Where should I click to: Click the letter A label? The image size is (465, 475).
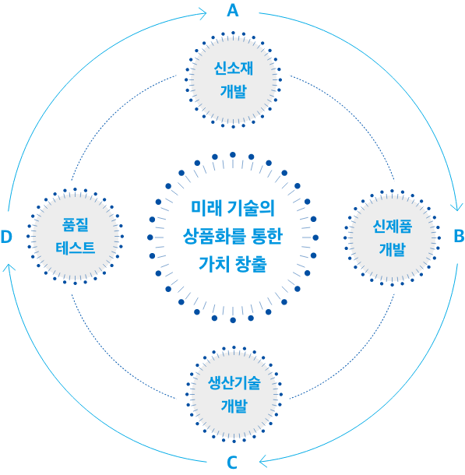[x=233, y=10]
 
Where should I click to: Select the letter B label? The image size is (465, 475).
[x=460, y=236]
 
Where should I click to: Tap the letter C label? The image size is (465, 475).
[x=232, y=463]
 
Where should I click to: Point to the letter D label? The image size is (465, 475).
[x=6, y=237]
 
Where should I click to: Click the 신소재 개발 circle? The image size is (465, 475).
[x=233, y=79]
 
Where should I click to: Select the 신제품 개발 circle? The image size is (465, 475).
[x=392, y=237]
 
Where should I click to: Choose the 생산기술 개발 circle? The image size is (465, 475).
[x=234, y=395]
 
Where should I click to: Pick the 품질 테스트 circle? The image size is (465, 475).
[x=75, y=236]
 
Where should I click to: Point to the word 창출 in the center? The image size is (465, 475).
[x=251, y=264]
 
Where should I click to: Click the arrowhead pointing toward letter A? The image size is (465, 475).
[x=203, y=14]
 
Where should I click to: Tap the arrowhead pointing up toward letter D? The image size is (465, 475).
[x=9, y=267]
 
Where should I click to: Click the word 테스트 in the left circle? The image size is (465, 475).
[x=75, y=248]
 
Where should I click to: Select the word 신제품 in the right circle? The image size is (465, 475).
[x=392, y=227]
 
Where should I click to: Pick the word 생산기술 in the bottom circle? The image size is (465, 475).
[x=234, y=383]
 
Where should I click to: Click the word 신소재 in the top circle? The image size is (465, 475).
[x=233, y=69]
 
